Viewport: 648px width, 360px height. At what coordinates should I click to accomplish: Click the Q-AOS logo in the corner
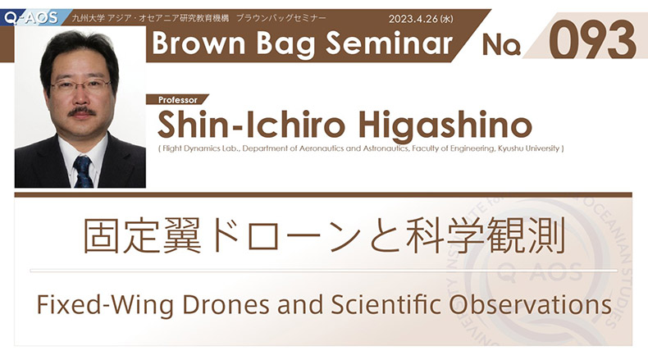pos(32,17)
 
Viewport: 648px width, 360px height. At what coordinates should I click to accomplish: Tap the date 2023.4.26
pos(413,19)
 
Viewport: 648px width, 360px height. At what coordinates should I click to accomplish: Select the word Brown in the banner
pos(199,43)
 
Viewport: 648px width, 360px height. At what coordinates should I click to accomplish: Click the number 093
pos(592,40)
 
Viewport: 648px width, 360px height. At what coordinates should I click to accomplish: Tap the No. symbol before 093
pos(501,45)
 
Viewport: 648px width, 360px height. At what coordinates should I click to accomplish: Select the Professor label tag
pos(178,99)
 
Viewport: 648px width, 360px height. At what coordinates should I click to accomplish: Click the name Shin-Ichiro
pos(251,125)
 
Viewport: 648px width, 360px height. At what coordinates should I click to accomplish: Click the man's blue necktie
pos(83,171)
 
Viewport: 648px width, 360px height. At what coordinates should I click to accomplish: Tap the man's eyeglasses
pos(80,85)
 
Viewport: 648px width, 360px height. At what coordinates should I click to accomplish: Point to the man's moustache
pos(82,112)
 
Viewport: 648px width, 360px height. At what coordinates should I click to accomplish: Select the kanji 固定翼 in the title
pos(143,235)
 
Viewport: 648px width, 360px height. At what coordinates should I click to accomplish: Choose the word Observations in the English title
pos(530,304)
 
